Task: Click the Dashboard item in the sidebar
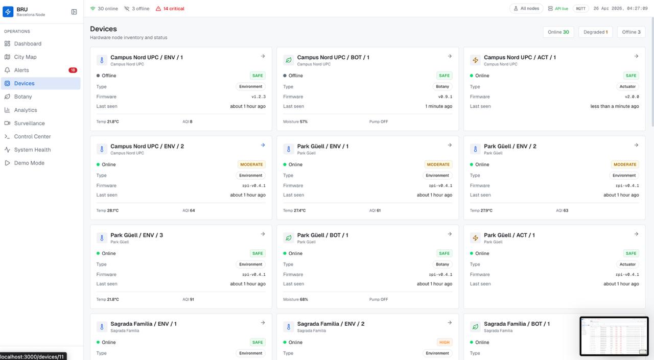coord(28,44)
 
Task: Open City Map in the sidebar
coord(25,57)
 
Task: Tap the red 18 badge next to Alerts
coord(73,70)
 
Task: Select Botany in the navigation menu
coord(23,97)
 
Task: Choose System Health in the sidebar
coord(32,150)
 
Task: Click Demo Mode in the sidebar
coord(29,163)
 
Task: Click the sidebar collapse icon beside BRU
coord(74,12)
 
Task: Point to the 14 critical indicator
coord(170,9)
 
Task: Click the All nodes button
coord(526,9)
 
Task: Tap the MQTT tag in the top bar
coord(580,9)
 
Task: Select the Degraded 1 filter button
coord(595,32)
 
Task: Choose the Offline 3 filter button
coord(631,32)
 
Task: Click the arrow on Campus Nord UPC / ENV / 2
coord(263,145)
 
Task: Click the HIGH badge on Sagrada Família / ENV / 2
coord(444,342)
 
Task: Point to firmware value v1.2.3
coord(258,97)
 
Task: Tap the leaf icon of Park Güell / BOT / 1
coord(289,238)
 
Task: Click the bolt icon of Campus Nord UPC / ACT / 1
coord(475,60)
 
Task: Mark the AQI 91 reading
coord(188,299)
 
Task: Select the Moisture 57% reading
coord(295,122)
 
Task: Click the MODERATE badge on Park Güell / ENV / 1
coord(438,164)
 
